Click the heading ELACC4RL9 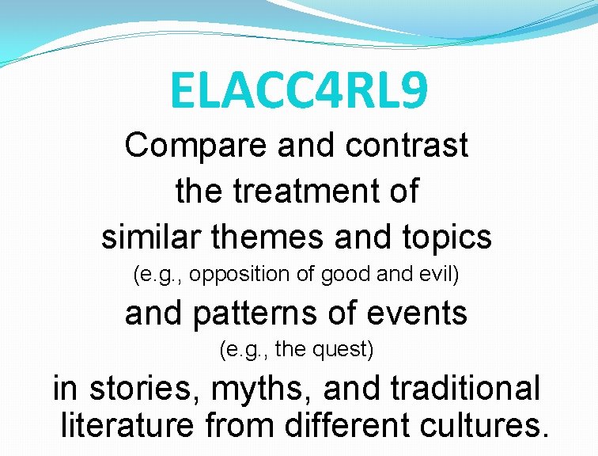(x=299, y=91)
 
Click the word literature (x=127, y=426)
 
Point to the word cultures (x=483, y=425)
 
